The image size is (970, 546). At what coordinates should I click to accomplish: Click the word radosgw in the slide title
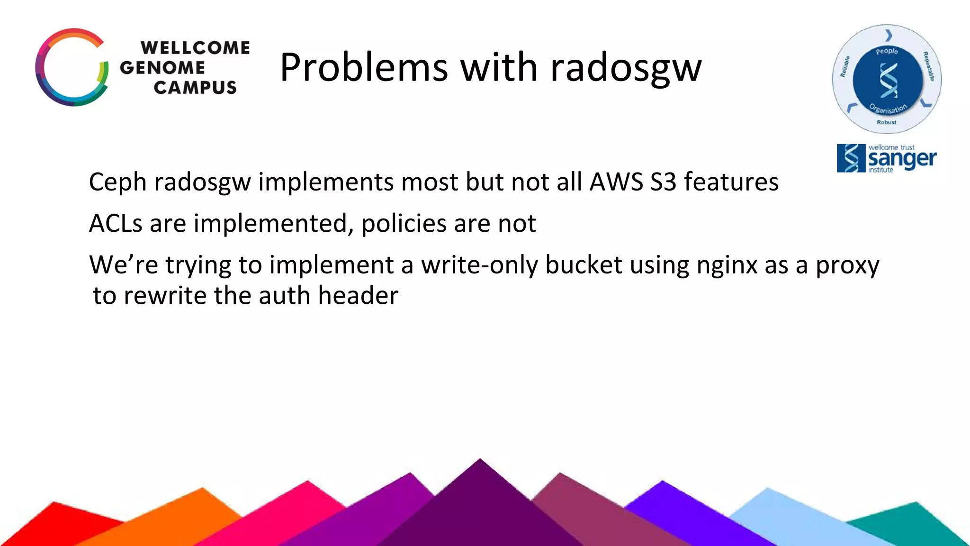pyautogui.click(x=626, y=68)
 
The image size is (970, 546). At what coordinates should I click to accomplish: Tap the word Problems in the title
pyautogui.click(x=364, y=68)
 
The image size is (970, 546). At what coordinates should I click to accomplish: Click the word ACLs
pyautogui.click(x=116, y=223)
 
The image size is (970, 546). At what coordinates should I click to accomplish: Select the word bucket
pyautogui.click(x=584, y=265)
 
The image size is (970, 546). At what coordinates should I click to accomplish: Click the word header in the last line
pyautogui.click(x=358, y=296)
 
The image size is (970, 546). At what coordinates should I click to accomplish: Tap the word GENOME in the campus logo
pyautogui.click(x=162, y=68)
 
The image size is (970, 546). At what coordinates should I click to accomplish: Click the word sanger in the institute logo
pyautogui.click(x=902, y=159)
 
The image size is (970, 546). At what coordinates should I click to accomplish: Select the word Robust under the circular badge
pyautogui.click(x=887, y=122)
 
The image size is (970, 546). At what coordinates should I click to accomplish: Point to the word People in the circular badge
pyautogui.click(x=887, y=51)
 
